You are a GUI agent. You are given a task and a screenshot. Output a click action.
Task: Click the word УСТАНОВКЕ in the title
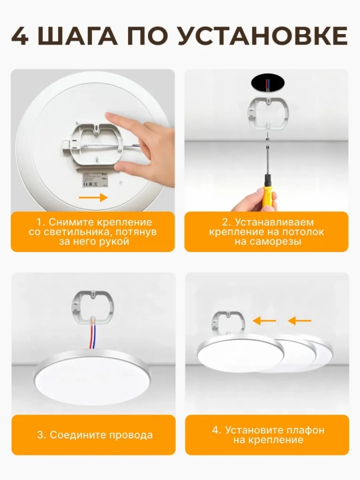pyautogui.click(x=263, y=37)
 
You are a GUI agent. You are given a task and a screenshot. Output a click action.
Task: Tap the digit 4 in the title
pyautogui.click(x=20, y=37)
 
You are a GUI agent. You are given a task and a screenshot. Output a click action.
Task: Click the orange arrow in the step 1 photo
pyautogui.click(x=93, y=197)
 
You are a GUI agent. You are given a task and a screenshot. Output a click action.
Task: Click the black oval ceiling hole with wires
pyautogui.click(x=267, y=83)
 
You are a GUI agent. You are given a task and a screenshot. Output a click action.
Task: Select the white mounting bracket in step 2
pyautogui.click(x=267, y=113)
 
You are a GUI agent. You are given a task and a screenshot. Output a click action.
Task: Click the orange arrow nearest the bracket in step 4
pyautogui.click(x=264, y=321)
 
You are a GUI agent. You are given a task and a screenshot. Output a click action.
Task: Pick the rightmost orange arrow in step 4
pyautogui.click(x=300, y=321)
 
